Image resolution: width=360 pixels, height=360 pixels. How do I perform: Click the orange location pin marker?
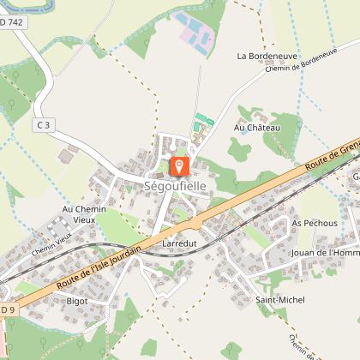tap(180, 165)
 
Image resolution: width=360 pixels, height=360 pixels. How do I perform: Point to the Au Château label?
tap(257, 128)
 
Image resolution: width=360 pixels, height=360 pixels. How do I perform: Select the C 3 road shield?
tap(44, 125)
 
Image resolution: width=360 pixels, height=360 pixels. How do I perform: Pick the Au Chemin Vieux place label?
tap(84, 214)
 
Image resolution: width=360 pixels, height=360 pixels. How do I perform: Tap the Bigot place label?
tap(77, 301)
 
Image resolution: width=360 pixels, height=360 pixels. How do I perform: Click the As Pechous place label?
tap(314, 222)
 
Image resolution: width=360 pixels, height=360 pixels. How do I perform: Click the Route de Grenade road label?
tap(330, 154)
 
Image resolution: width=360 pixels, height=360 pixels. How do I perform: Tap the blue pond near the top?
tap(196, 33)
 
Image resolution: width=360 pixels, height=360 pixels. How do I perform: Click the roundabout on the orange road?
tap(196, 222)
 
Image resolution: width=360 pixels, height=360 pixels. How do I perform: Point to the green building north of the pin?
tap(202, 120)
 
